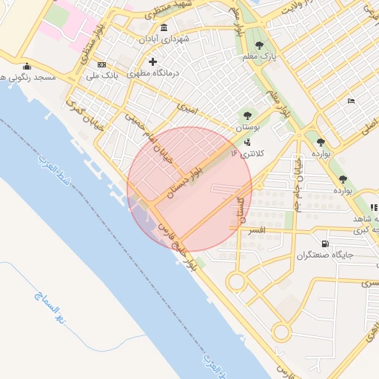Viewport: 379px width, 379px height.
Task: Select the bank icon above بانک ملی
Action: pos(101,64)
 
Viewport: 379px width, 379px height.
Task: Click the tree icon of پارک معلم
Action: pos(260,45)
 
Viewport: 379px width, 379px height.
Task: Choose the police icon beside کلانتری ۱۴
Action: pos(246,141)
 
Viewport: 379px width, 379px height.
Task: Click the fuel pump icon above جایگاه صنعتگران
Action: pos(325,244)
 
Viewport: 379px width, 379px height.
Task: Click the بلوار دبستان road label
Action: pos(184,181)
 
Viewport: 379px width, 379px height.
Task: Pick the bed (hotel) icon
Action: pos(351,101)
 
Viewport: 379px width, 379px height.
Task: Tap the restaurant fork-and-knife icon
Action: pos(374,208)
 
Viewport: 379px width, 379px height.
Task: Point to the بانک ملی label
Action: pos(102,76)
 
